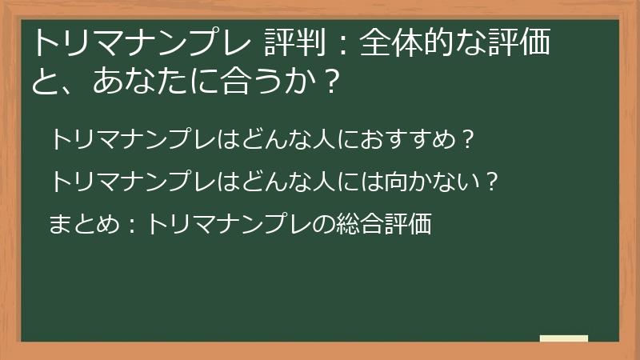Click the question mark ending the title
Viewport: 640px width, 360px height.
click(x=325, y=81)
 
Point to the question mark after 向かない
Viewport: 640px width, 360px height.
click(x=493, y=182)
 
